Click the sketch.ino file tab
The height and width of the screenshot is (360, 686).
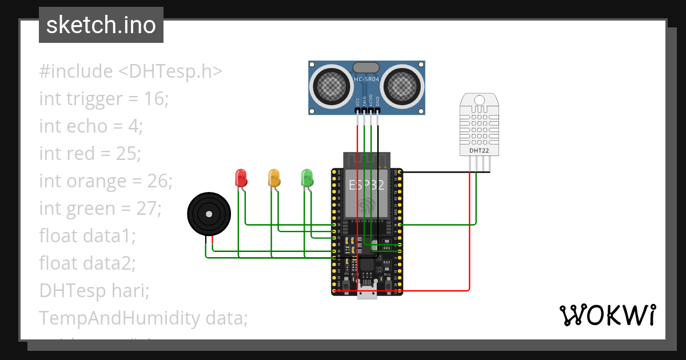[x=101, y=25]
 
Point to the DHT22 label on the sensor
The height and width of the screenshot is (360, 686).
[x=478, y=151]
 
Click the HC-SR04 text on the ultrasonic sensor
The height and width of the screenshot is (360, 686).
[x=366, y=78]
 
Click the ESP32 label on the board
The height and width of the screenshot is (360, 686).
[x=366, y=184]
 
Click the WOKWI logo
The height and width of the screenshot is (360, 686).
[x=607, y=315]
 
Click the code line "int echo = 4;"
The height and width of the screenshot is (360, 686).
[x=90, y=126]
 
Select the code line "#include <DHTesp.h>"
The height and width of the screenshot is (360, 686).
[x=130, y=71]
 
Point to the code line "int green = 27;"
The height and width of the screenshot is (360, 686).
[x=100, y=209]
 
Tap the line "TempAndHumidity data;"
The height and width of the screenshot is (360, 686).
[x=143, y=318]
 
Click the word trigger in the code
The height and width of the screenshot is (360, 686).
[x=92, y=99]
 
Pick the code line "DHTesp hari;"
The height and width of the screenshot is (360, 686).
[x=94, y=290]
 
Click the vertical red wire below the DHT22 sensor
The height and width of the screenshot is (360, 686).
[x=469, y=229]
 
